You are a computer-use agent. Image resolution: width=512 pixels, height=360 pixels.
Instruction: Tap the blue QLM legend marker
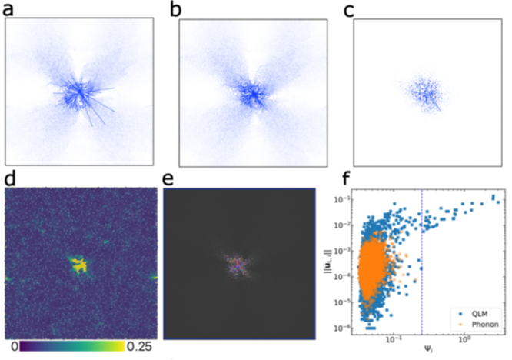[x=465, y=315]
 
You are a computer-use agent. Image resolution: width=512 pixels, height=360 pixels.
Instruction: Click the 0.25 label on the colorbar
[x=141, y=348]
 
